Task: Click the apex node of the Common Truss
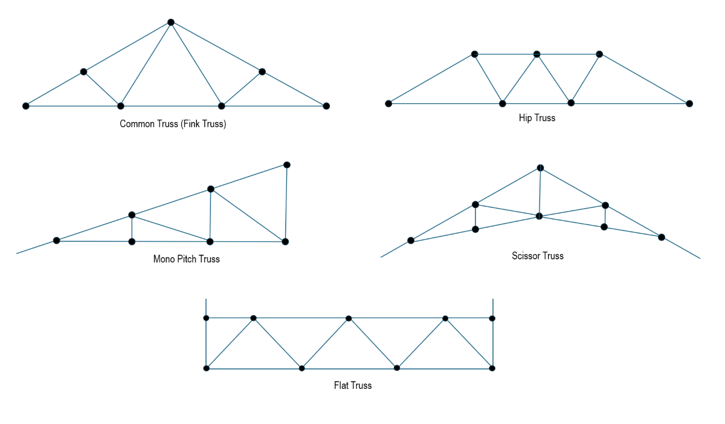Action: pyautogui.click(x=171, y=22)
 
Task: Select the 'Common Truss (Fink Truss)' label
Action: pyautogui.click(x=173, y=124)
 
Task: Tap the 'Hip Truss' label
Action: pyautogui.click(x=536, y=118)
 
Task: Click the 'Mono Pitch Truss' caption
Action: pyautogui.click(x=186, y=259)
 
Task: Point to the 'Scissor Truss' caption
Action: pyautogui.click(x=537, y=256)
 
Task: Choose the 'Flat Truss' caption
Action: pyautogui.click(x=352, y=385)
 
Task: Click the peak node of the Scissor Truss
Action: pyautogui.click(x=541, y=168)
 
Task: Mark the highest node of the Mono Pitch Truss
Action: pyautogui.click(x=287, y=165)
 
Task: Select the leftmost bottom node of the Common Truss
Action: pyautogui.click(x=26, y=106)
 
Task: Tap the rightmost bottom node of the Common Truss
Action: pyautogui.click(x=326, y=106)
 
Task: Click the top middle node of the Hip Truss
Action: pyautogui.click(x=536, y=54)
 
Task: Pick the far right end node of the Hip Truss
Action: pyautogui.click(x=689, y=103)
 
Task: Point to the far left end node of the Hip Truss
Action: pyautogui.click(x=388, y=103)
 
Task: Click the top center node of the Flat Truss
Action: pyautogui.click(x=349, y=318)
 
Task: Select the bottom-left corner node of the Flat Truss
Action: pyautogui.click(x=206, y=368)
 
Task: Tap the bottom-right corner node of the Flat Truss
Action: pyautogui.click(x=492, y=368)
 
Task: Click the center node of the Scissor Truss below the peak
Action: pyautogui.click(x=539, y=216)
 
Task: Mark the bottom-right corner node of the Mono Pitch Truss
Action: pyautogui.click(x=285, y=241)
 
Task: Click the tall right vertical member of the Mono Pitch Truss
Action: pyautogui.click(x=286, y=203)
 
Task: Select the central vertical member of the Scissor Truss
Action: pyautogui.click(x=540, y=192)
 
